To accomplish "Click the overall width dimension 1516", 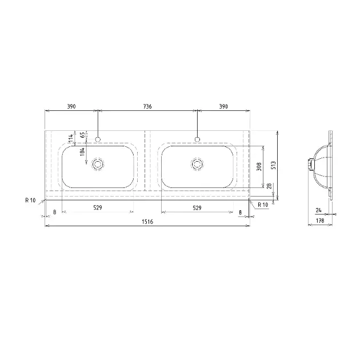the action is pyautogui.click(x=147, y=222).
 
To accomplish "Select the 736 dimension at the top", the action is pyautogui.click(x=147, y=106).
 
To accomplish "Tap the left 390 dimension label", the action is pyautogui.click(x=71, y=106).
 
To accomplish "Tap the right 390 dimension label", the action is pyautogui.click(x=223, y=106).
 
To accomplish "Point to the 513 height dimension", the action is pyautogui.click(x=274, y=165).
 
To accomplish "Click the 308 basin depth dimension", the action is pyautogui.click(x=259, y=167).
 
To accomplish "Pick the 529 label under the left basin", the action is pyautogui.click(x=98, y=208).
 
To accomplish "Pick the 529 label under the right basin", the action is pyautogui.click(x=197, y=208).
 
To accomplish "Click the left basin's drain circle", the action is pyautogui.click(x=98, y=164).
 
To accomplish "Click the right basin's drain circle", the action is pyautogui.click(x=197, y=164).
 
